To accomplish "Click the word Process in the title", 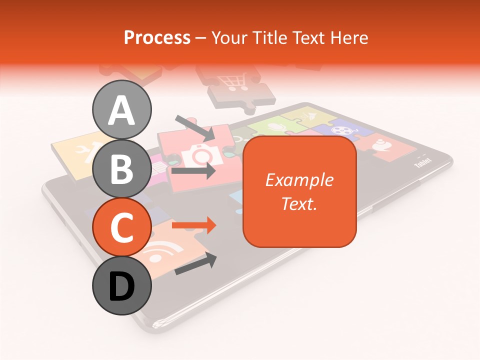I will pyautogui.click(x=157, y=37).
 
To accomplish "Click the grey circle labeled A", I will pyautogui.click(x=122, y=109).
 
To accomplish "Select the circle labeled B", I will pyautogui.click(x=122, y=169).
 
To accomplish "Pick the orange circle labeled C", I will pyautogui.click(x=122, y=227).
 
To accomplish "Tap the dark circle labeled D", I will pyautogui.click(x=122, y=286).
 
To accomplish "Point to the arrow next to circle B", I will pyautogui.click(x=193, y=171).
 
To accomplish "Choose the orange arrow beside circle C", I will pyautogui.click(x=194, y=225).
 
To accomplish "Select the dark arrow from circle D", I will pyautogui.click(x=195, y=263).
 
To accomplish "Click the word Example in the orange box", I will pyautogui.click(x=299, y=180).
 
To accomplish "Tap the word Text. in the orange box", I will pyautogui.click(x=299, y=203).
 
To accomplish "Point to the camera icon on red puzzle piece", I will pyautogui.click(x=198, y=155).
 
